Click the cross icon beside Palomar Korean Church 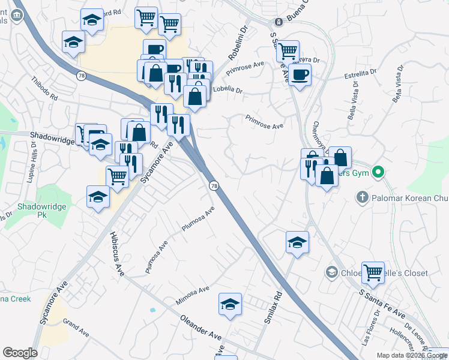(361, 196)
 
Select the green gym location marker (378, 173)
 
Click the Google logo (20, 353)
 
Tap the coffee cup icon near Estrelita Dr (300, 74)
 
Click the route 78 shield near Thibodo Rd (80, 76)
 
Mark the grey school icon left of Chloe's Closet (331, 273)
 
